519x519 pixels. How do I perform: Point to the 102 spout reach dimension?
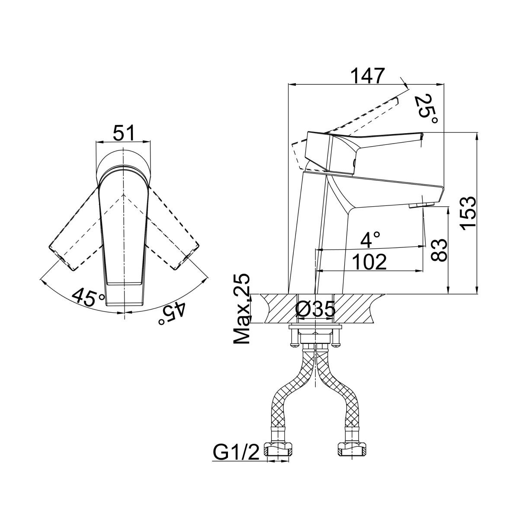[369, 262]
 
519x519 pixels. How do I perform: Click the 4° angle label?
[372, 239]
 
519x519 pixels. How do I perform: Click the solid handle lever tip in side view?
[419, 137]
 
